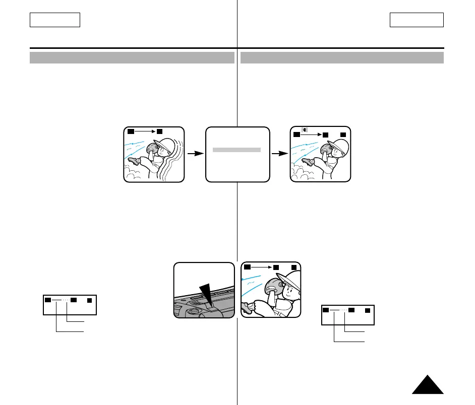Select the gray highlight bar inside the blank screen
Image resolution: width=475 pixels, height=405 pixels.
(236, 150)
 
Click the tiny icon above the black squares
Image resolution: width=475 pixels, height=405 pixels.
(305, 130)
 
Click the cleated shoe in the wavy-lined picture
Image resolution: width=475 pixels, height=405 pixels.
(135, 161)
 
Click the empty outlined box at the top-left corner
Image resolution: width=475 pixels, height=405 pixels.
(55, 20)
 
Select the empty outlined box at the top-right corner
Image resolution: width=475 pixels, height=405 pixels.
(417, 20)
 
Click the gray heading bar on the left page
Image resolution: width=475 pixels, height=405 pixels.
(132, 57)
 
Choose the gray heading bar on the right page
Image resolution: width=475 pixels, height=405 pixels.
(342, 57)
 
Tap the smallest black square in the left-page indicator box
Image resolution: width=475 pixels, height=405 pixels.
(89, 300)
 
